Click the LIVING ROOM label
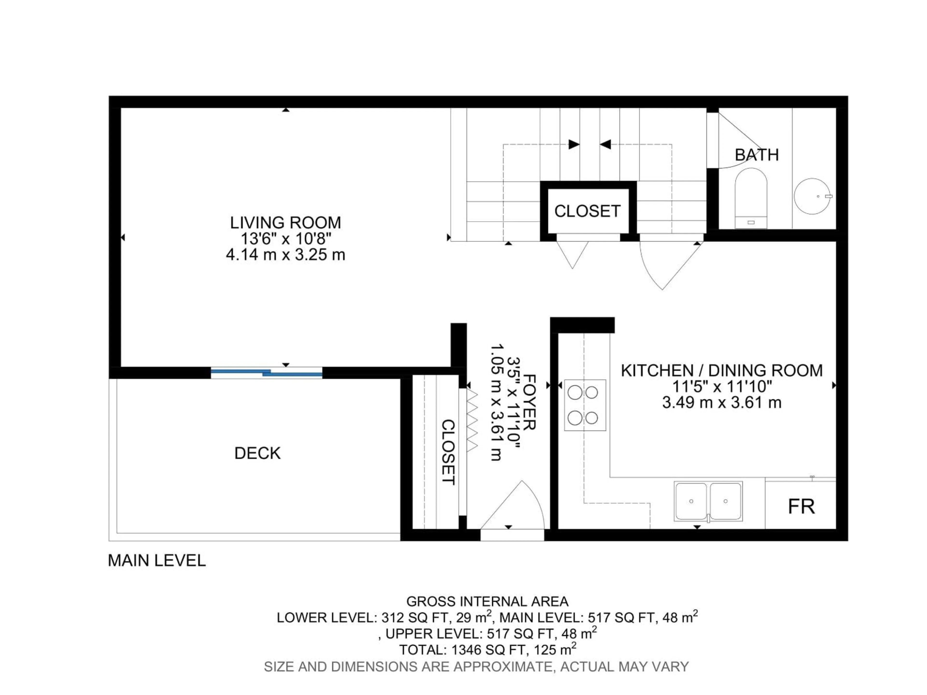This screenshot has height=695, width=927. (x=285, y=222)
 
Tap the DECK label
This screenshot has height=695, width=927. (x=257, y=453)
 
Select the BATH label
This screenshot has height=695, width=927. (x=756, y=155)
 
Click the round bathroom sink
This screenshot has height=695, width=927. (x=812, y=196)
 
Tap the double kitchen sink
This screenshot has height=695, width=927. (x=708, y=501)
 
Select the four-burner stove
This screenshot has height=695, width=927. (x=585, y=405)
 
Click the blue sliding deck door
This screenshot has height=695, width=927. (x=267, y=372)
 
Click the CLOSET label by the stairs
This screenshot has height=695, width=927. (x=587, y=211)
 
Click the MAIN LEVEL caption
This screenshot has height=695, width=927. (x=157, y=561)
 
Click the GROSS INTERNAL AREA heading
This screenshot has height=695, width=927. (x=487, y=602)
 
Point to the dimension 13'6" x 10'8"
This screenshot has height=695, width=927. (x=285, y=239)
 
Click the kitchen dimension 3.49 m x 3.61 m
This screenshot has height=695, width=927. (x=721, y=403)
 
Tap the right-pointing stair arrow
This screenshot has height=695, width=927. (x=573, y=145)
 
